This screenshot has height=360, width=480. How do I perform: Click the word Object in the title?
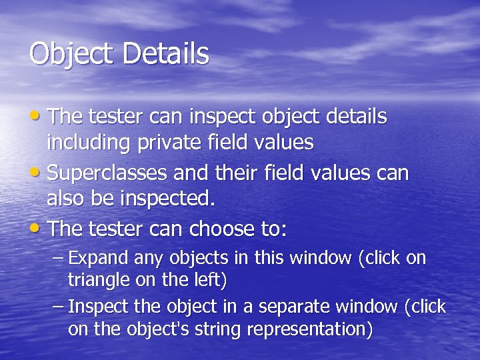[x=71, y=54]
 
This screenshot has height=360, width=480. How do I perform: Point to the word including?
[x=89, y=143]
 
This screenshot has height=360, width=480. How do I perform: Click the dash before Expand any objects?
[x=59, y=258]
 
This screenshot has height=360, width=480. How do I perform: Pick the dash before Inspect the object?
[x=59, y=307]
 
